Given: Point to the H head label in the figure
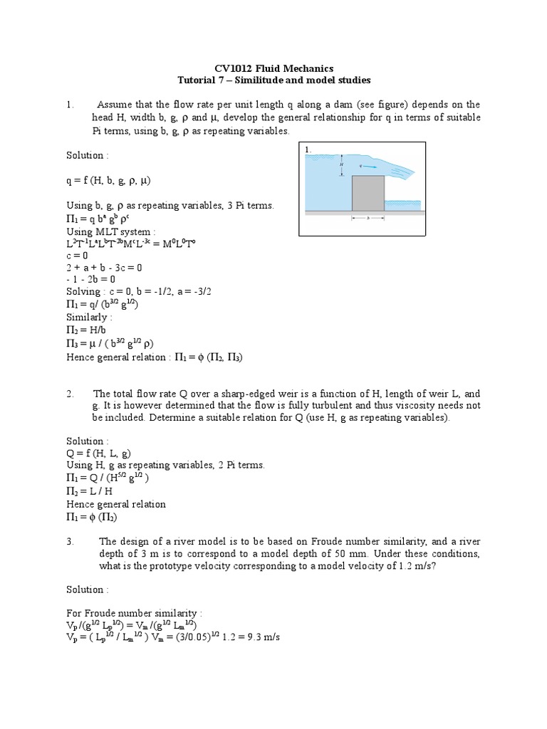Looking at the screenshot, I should coord(341,164).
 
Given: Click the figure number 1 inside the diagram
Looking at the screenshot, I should coord(308,150).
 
